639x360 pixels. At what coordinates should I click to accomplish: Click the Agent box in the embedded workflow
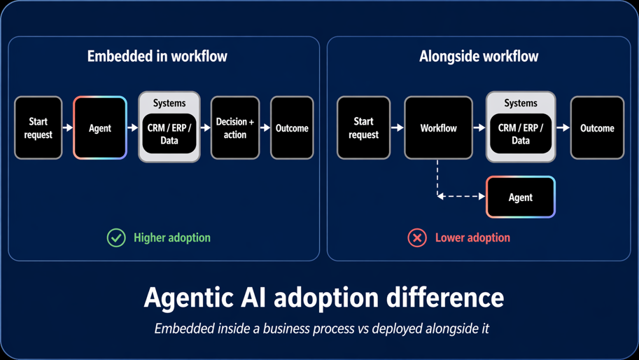pos(100,128)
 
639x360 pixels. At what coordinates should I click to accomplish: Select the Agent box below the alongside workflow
pos(520,198)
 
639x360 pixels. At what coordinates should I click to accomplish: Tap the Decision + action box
pos(235,128)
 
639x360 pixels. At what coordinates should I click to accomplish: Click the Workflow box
pos(438,128)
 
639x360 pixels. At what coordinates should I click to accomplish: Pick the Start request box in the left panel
pos(38,128)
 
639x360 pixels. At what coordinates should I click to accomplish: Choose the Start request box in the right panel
pos(363,128)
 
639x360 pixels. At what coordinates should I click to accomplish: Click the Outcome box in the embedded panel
pos(292,128)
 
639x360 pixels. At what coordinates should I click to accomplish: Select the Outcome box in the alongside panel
pos(597,128)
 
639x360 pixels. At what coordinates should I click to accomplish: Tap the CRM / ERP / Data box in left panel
pos(169,134)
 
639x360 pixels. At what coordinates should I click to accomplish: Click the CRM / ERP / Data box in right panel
pos(521,134)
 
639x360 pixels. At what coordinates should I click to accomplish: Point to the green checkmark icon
pos(116,238)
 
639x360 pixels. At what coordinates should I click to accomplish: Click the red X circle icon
pos(417,238)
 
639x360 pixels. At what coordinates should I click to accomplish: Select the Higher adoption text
pos(171,238)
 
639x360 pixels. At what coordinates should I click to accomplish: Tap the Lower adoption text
pos(472,238)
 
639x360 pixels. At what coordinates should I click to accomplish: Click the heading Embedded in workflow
pos(157,57)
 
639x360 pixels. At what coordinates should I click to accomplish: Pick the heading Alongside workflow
pos(479,57)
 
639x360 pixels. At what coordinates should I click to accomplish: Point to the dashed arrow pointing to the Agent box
pos(462,197)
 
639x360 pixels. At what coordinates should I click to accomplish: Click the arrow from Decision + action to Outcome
pos(265,128)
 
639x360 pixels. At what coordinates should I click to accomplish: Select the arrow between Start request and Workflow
pos(397,128)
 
